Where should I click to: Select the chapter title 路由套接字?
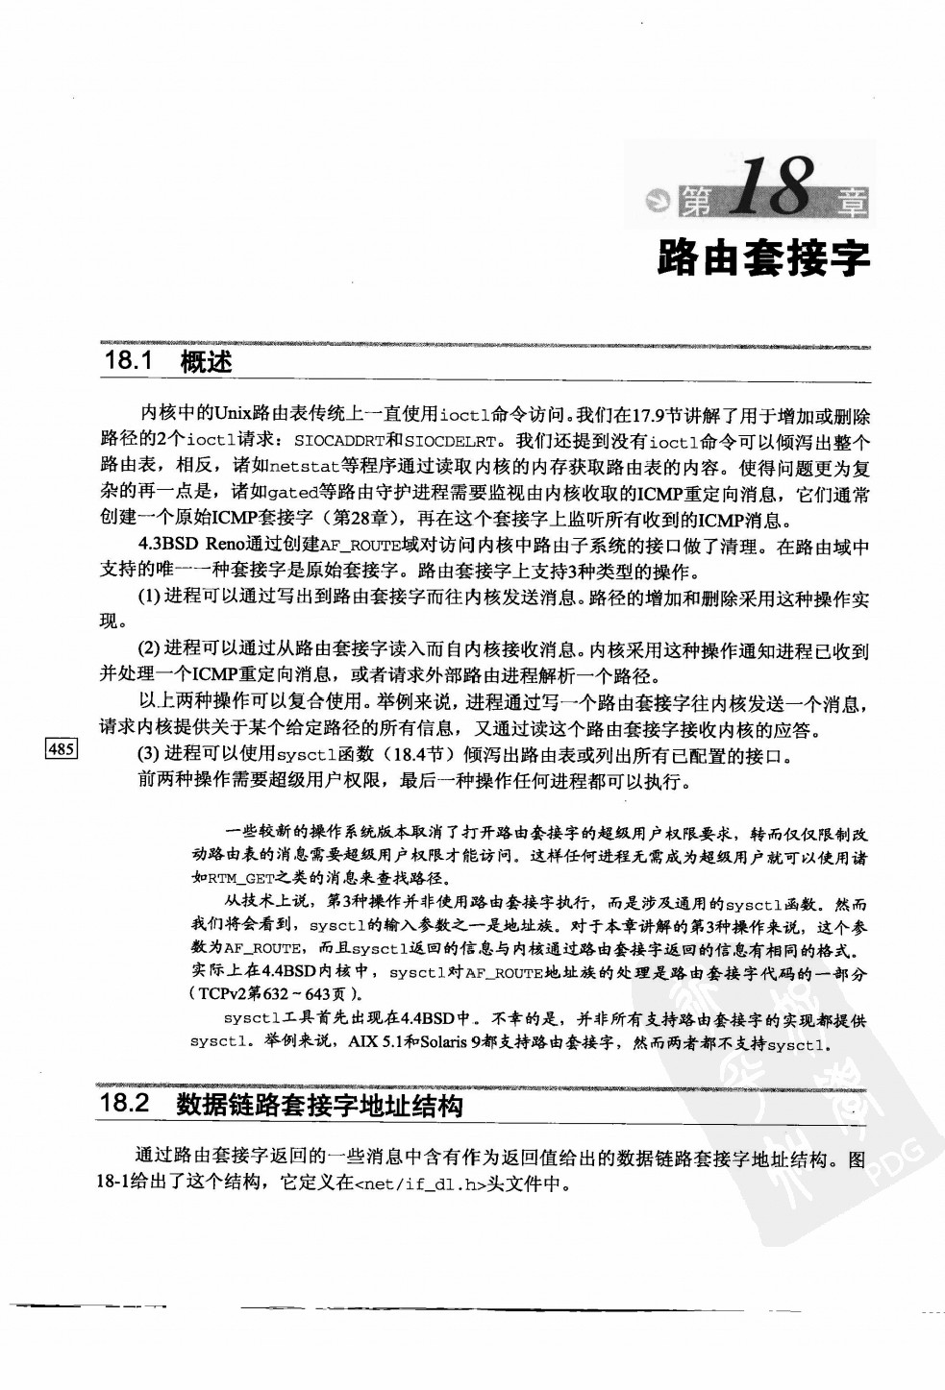(763, 256)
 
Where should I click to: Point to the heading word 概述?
(206, 362)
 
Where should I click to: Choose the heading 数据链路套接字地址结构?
(319, 1105)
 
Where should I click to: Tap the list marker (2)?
(149, 650)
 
